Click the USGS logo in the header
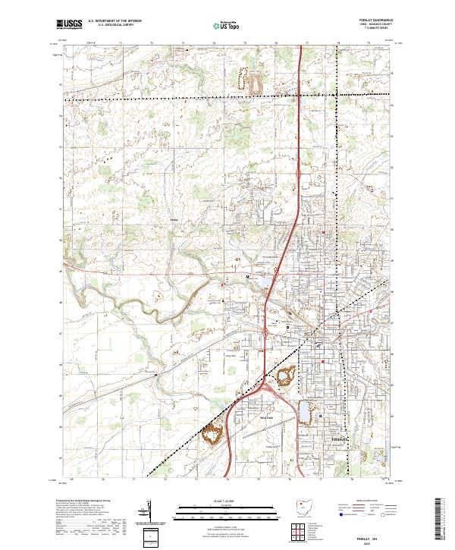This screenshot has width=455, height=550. pos(70,24)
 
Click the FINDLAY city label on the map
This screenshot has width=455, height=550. pos(339,438)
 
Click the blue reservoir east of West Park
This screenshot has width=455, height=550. pos(306,413)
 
